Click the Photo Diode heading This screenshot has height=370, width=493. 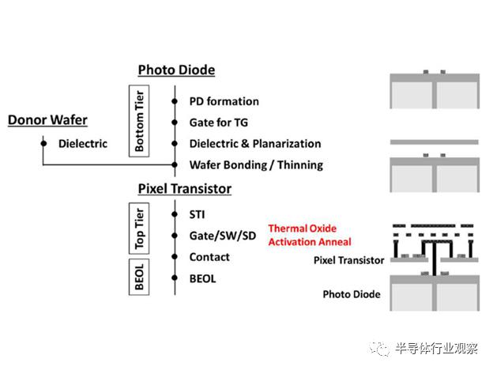(176, 70)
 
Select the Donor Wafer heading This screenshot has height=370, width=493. (47, 120)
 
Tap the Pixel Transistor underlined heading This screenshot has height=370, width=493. (184, 188)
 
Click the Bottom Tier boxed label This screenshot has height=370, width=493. (140, 122)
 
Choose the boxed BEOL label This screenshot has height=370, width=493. (140, 274)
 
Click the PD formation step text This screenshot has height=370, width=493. (224, 101)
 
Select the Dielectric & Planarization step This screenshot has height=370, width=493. (254, 144)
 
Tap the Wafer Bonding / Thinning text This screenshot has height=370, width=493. (256, 164)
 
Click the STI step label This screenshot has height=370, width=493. (198, 213)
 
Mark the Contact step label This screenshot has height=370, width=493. (209, 257)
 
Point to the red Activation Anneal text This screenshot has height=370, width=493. (309, 241)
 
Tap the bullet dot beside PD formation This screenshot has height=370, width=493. (174, 101)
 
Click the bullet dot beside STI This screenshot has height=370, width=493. (174, 213)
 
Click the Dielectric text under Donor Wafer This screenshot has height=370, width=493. (83, 144)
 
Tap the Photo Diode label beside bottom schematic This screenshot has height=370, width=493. (352, 294)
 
